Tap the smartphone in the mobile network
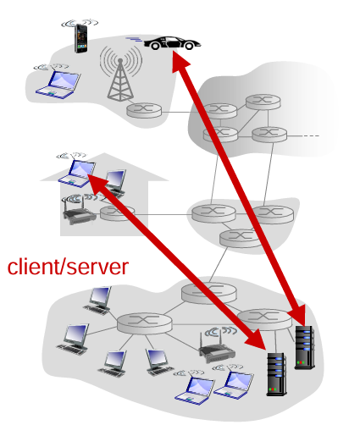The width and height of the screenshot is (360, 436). pos(80,37)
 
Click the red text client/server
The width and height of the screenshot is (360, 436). pos(68,268)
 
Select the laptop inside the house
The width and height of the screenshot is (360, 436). pos(77,172)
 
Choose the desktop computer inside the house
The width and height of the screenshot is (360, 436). pos(114,182)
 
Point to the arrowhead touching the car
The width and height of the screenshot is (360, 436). pos(177,61)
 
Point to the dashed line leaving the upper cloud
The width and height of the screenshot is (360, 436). pos(310,135)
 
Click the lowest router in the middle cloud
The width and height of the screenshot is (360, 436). pos(236,238)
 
